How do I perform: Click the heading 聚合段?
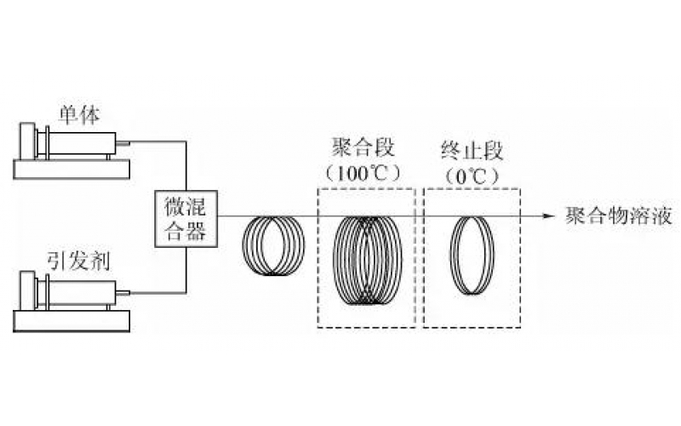tap(366, 147)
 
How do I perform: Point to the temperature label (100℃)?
tap(366, 172)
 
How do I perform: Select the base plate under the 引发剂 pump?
tap(72, 320)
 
